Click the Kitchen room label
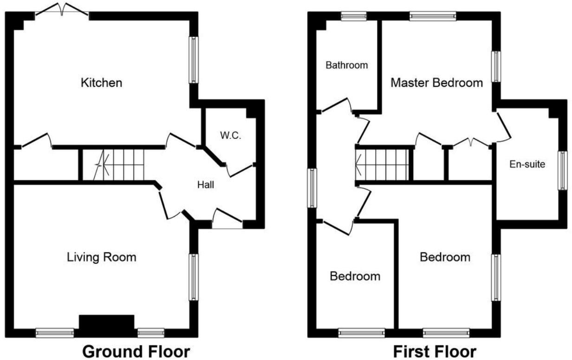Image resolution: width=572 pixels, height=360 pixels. click(x=101, y=83)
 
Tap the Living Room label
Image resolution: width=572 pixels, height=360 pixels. click(x=101, y=257)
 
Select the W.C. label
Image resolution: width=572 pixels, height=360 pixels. click(x=230, y=136)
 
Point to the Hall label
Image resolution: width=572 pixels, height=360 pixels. click(x=205, y=185)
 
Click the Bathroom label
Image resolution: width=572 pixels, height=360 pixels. click(x=346, y=65)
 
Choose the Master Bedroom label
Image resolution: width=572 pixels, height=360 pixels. click(x=436, y=83)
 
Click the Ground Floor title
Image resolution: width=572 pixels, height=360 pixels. click(x=136, y=351)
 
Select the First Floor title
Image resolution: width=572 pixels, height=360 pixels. click(x=435, y=351)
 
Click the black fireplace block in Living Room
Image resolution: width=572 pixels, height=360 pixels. click(x=106, y=323)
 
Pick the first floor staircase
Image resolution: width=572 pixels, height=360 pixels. click(x=382, y=165)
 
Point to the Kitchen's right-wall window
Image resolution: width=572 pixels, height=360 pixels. click(x=194, y=60)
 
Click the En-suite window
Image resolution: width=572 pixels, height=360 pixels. click(x=562, y=170)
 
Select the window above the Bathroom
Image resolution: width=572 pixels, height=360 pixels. click(x=353, y=17)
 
